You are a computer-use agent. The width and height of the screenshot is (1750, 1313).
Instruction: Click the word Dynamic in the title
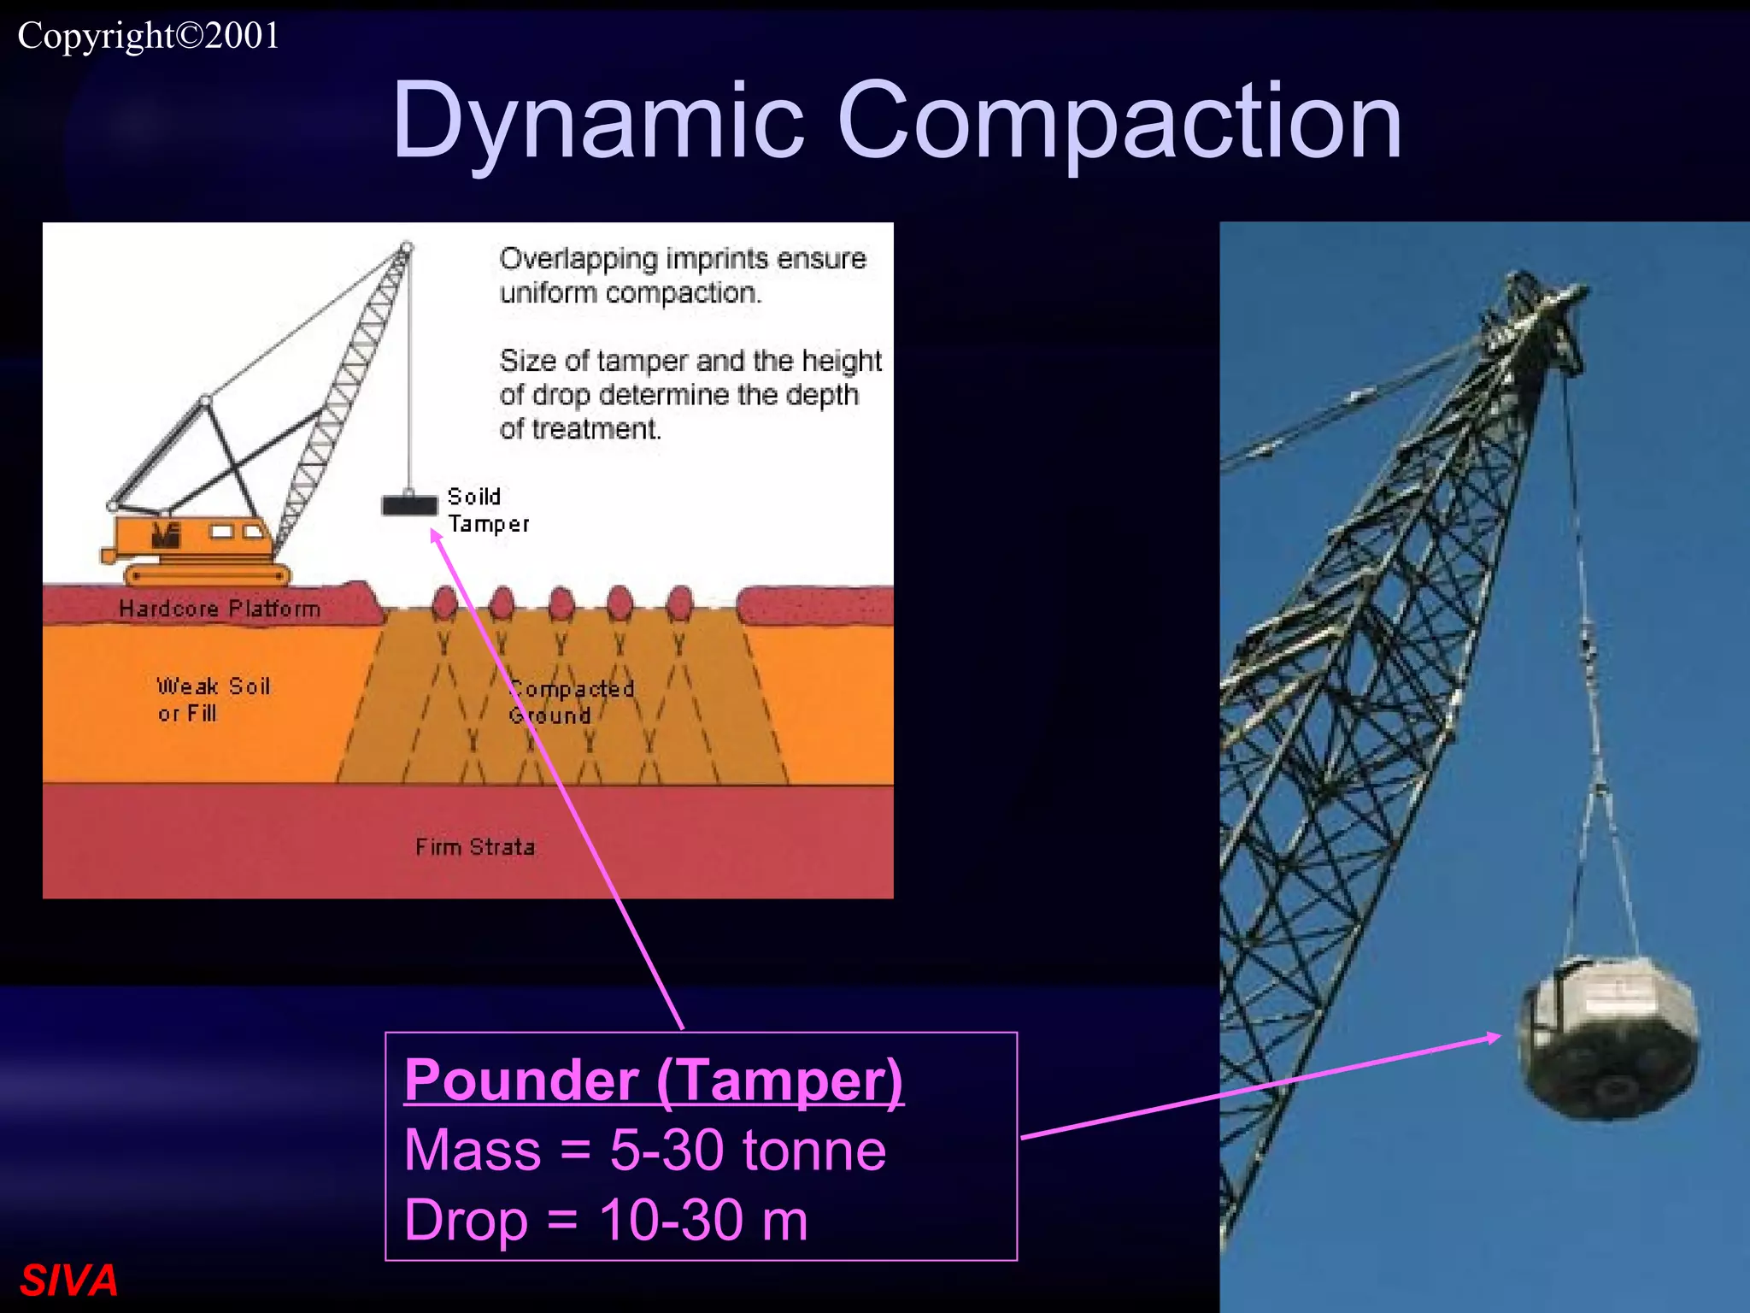tap(598, 121)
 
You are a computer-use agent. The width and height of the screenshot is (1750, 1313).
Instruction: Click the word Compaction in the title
tap(1119, 121)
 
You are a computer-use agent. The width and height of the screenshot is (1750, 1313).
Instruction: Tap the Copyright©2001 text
tap(149, 36)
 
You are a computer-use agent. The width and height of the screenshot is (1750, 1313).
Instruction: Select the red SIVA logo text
tap(68, 1281)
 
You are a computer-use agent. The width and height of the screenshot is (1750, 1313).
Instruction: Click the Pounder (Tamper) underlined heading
tap(654, 1080)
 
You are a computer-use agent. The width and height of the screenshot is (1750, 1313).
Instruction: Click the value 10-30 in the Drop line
tap(671, 1221)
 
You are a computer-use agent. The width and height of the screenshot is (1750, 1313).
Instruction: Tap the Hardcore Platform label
tap(220, 609)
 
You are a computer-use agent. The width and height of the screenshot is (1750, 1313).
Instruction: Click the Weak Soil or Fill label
tap(213, 699)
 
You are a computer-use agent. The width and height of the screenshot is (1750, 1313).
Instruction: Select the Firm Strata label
tap(475, 847)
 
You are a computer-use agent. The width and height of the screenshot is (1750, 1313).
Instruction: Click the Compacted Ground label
tap(571, 702)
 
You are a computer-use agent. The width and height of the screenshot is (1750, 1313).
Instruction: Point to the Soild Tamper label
tap(487, 510)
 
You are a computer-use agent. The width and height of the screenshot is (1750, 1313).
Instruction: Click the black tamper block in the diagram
tap(408, 505)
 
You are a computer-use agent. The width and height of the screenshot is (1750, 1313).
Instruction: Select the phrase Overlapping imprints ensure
tap(683, 258)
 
